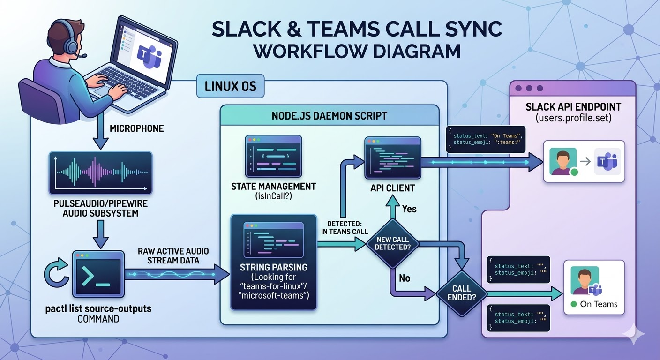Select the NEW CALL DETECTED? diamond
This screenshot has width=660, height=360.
393,243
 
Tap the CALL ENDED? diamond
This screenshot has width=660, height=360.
461,293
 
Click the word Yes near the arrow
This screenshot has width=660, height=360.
409,209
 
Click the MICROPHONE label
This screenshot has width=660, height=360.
136,128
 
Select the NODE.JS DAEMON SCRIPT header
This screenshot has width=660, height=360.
330,115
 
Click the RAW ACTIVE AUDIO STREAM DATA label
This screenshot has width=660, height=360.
173,256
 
